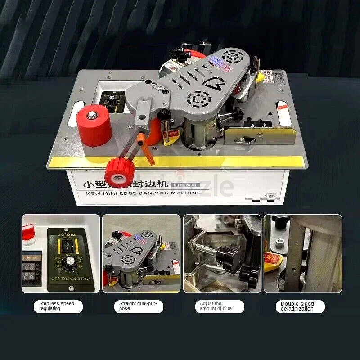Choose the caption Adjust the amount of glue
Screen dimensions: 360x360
pyautogui.click(x=213, y=306)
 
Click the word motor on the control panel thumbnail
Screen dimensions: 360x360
pyautogui.click(x=67, y=235)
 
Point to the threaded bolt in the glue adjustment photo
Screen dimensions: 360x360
pyautogui.click(x=205, y=248)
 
